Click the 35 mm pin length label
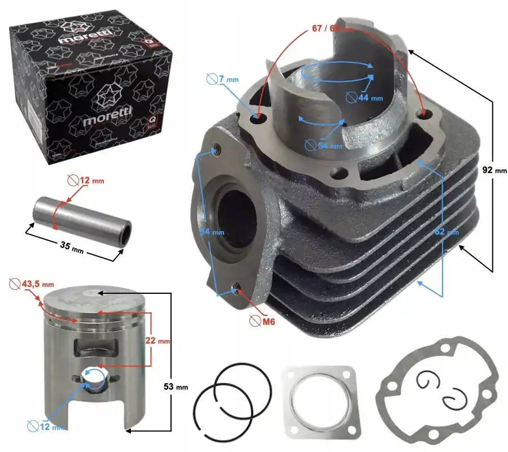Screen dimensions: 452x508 click(x=70, y=247)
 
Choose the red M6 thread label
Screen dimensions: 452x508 click(x=266, y=322)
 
